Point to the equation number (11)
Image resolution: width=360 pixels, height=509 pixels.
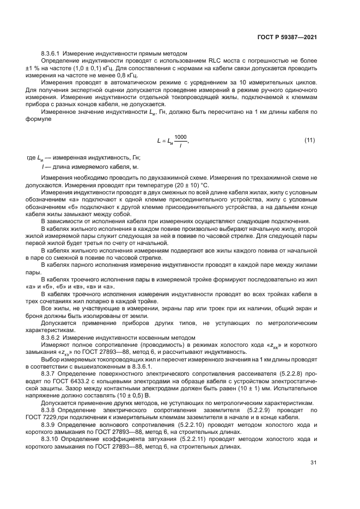click(x=309, y=140)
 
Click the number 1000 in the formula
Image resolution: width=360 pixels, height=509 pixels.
click(x=180, y=137)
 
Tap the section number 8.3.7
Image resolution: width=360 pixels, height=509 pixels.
click(x=48, y=373)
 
